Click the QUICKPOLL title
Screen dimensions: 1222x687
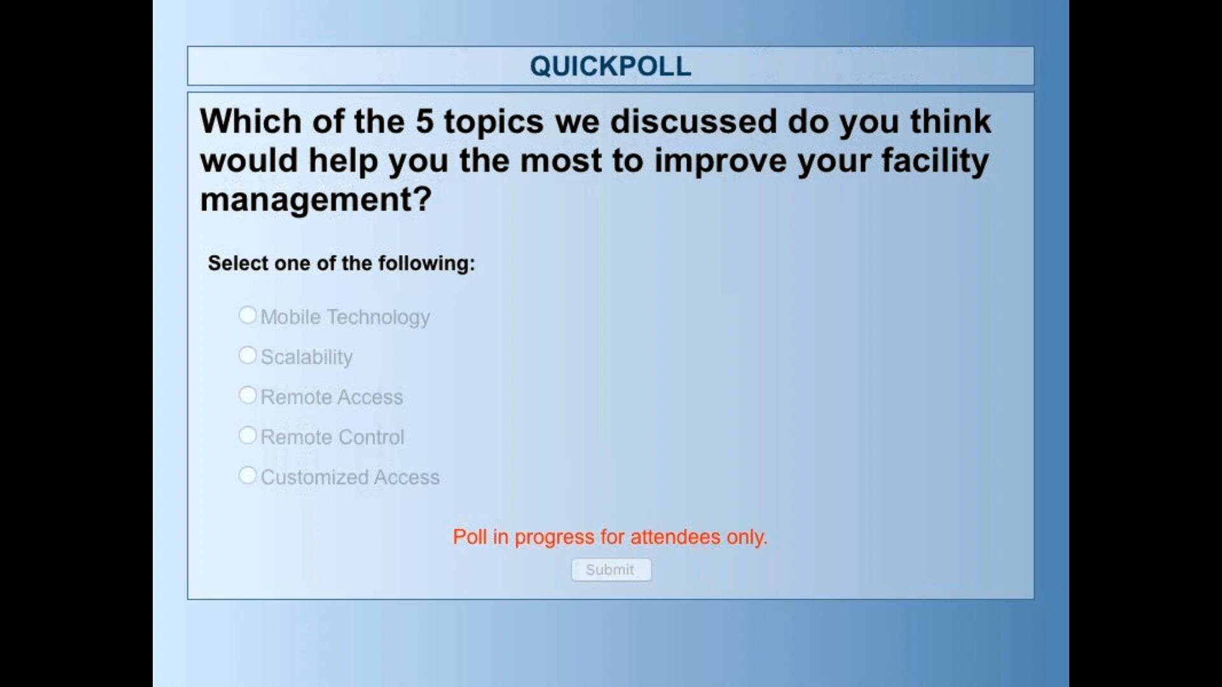click(610, 66)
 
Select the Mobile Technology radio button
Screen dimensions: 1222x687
click(248, 315)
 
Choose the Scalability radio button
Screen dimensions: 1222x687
click(248, 355)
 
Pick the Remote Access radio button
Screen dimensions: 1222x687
click(248, 395)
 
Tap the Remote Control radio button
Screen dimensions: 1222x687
click(248, 435)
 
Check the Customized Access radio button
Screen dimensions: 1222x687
click(248, 475)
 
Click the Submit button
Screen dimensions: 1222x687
click(611, 569)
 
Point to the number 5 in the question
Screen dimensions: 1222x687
click(425, 121)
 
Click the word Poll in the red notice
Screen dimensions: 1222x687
click(470, 537)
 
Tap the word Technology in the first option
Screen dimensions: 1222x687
click(379, 317)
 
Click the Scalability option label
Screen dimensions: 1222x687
click(307, 357)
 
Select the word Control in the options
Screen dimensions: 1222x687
click(371, 437)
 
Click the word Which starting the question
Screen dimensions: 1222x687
click(251, 121)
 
